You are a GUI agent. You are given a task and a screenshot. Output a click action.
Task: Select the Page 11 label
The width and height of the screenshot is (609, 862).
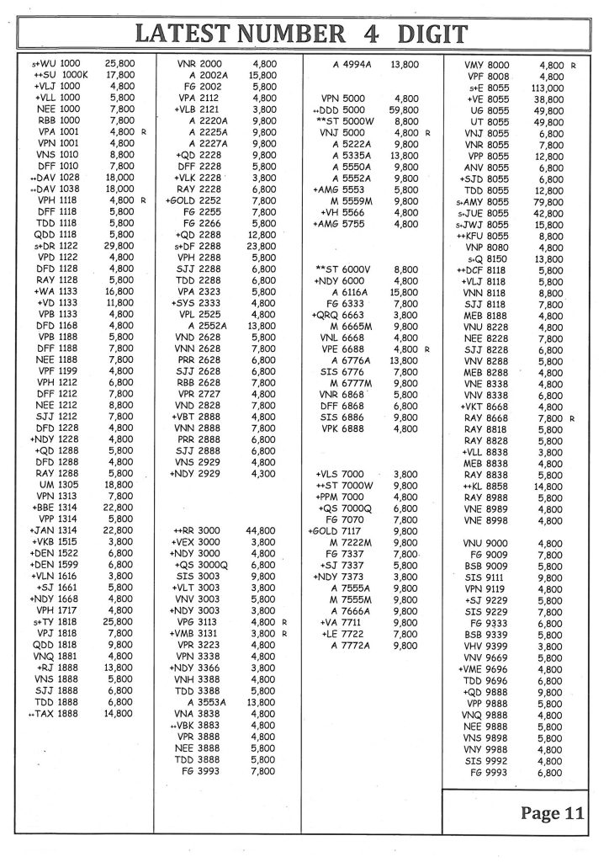coord(551,812)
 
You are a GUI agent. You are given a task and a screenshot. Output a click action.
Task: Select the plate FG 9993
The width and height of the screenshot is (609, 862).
coord(490,772)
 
